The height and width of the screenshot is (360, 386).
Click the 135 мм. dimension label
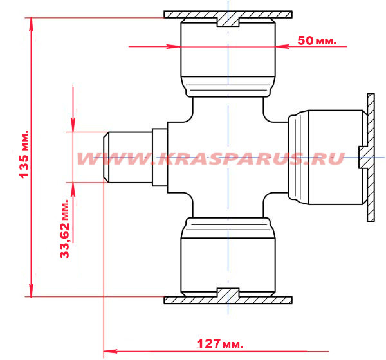tap(24, 154)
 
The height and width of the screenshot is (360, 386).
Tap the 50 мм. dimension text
tap(317, 40)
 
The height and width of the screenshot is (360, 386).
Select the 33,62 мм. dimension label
tap(65, 229)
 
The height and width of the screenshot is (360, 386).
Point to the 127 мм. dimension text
tap(220, 343)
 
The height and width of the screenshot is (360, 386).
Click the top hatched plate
tap(228, 15)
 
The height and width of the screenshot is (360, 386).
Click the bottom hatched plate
tap(228, 300)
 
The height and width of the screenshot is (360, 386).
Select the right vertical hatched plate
tap(371, 157)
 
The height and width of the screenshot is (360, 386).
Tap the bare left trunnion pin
tap(128, 157)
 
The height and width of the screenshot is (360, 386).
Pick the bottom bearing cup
tap(228, 257)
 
